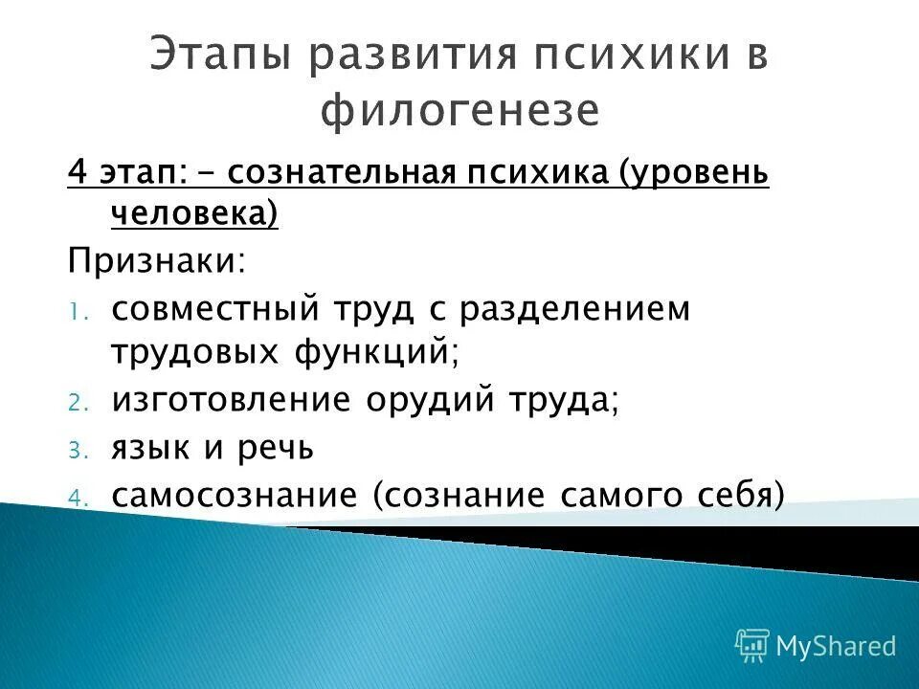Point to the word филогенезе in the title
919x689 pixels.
459,112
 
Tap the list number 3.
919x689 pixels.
77,450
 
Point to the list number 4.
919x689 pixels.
77,497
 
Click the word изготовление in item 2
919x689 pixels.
230,401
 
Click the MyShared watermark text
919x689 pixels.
836,646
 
